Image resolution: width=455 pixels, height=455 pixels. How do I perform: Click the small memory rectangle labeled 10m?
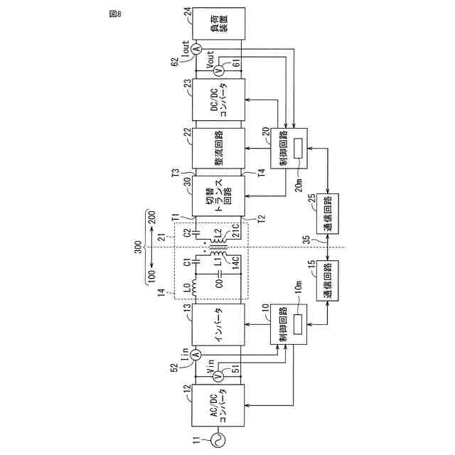pyautogui.click(x=296, y=321)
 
